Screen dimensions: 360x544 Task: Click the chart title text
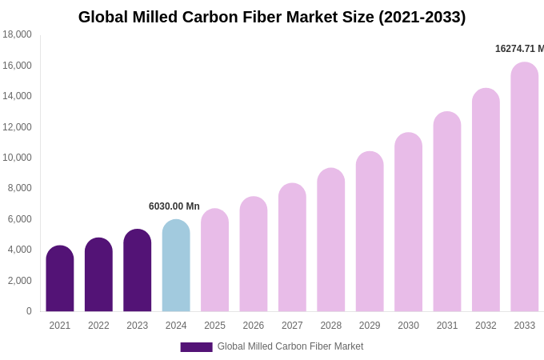click(x=272, y=17)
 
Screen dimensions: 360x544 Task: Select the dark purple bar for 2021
click(x=60, y=279)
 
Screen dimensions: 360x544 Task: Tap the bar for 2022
click(x=98, y=275)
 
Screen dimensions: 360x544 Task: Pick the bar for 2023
click(x=138, y=271)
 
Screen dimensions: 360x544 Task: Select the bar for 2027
click(x=292, y=248)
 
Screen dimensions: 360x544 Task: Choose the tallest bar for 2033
click(x=525, y=187)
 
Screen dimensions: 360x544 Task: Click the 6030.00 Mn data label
click(x=174, y=206)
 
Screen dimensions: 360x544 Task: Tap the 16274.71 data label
click(x=518, y=49)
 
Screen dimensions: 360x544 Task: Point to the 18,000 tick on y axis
click(x=17, y=34)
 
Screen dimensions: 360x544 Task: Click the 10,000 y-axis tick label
click(x=17, y=158)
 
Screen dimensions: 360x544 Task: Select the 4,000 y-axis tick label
click(x=19, y=250)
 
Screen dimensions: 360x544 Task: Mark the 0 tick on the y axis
click(x=29, y=311)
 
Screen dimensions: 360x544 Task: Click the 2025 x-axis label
click(x=214, y=326)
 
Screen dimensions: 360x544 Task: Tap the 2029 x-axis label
click(x=370, y=326)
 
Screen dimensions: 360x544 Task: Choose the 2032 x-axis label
click(x=486, y=326)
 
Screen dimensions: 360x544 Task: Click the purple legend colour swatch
click(x=196, y=347)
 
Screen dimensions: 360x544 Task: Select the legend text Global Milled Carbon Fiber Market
click(x=290, y=346)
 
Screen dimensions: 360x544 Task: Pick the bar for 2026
click(x=254, y=254)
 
